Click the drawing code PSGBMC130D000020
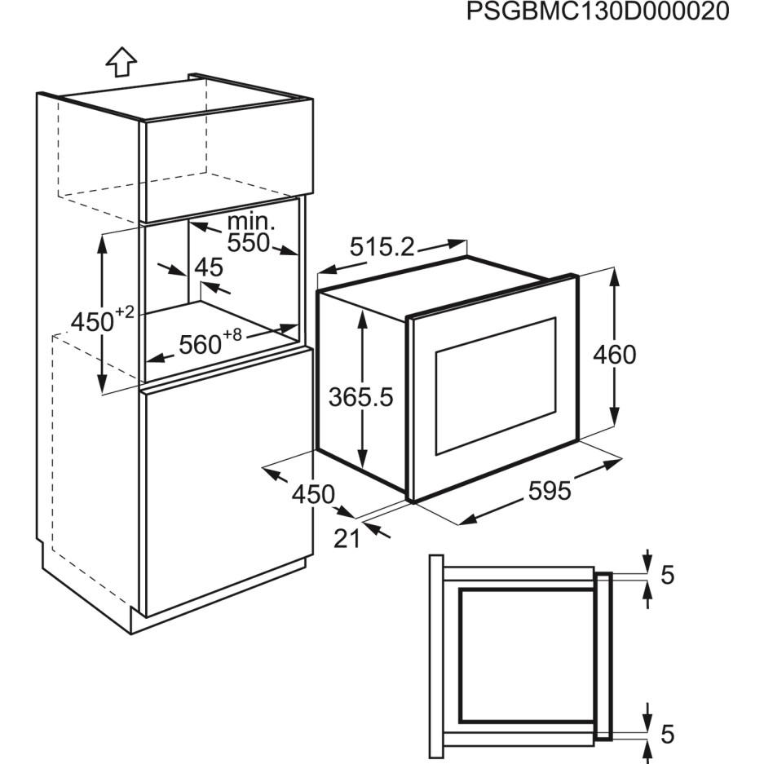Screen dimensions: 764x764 (598, 11)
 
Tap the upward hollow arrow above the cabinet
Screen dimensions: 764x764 (121, 62)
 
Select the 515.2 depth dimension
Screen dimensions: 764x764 (382, 247)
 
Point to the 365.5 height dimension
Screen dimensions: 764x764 (360, 397)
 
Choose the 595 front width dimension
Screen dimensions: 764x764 (550, 491)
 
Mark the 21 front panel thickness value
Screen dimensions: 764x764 (347, 538)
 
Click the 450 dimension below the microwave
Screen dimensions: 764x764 (313, 495)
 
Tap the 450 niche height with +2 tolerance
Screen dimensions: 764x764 (102, 318)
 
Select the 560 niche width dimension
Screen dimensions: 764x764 (210, 341)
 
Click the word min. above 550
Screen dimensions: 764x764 (251, 222)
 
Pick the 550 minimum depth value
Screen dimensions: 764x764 (249, 242)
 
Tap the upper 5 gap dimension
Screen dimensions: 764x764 (668, 576)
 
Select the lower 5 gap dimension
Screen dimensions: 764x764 (668, 735)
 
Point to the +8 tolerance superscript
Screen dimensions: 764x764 (232, 335)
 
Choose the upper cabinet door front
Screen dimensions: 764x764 (228, 161)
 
